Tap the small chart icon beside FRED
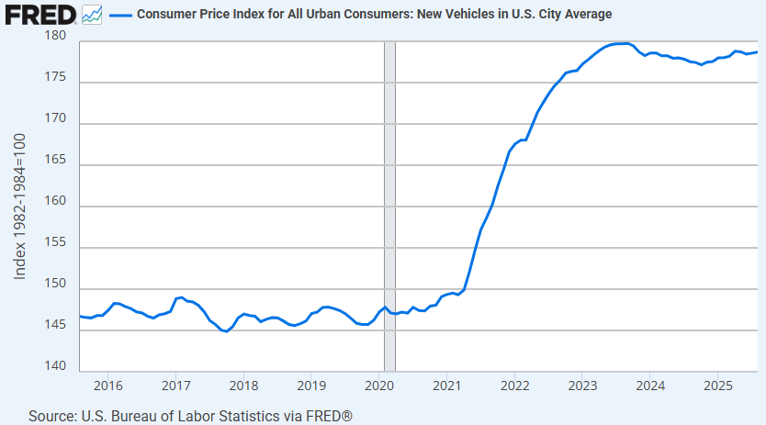[92, 14]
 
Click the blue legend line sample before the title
[121, 15]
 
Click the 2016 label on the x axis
[108, 385]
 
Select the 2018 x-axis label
[243, 385]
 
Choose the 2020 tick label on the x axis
[379, 385]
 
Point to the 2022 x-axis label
[514, 385]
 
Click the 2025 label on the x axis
[717, 385]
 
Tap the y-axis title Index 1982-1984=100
[20, 206]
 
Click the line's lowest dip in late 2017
[226, 331]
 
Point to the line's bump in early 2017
[181, 297]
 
